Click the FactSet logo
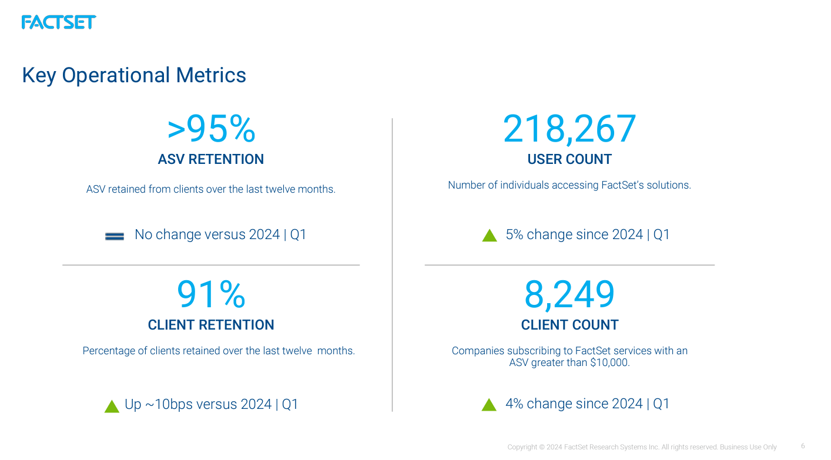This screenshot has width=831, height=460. (58, 22)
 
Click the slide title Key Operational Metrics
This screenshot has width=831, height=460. (134, 75)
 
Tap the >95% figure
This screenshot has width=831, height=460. (211, 129)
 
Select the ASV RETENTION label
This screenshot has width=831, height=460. (211, 159)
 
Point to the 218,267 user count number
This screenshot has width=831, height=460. (569, 129)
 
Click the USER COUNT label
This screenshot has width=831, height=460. (569, 159)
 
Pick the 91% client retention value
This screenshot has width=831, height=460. (211, 295)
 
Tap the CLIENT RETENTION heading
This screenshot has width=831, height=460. (211, 325)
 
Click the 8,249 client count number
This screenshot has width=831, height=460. (569, 295)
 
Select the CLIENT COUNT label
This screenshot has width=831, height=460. (569, 325)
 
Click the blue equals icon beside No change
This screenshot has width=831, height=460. (115, 236)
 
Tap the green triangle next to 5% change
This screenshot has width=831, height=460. (490, 236)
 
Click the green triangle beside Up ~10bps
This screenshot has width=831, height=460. (112, 407)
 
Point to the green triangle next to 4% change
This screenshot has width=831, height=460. (489, 405)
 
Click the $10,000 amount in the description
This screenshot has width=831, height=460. (609, 363)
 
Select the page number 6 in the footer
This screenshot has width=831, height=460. (803, 446)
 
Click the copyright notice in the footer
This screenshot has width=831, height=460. (642, 447)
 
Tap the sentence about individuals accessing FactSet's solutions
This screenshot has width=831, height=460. (569, 185)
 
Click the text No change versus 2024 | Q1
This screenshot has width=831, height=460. (220, 234)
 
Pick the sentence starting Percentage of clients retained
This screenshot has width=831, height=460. (219, 351)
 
